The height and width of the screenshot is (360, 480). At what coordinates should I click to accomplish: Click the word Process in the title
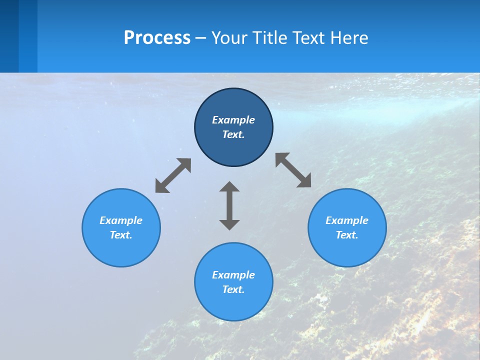coord(157,38)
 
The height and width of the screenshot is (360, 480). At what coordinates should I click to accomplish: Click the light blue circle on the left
coord(121,250)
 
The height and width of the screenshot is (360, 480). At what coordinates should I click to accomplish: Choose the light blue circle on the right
coord(347,250)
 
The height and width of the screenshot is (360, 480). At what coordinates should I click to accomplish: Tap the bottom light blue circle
coord(233,305)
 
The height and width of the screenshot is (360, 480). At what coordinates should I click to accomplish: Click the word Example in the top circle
coord(233,120)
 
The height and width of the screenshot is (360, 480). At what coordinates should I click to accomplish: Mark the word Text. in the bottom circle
coord(233,289)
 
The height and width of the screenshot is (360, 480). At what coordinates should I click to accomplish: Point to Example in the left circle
coord(121,220)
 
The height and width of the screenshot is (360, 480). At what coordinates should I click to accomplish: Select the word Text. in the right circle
coord(347,235)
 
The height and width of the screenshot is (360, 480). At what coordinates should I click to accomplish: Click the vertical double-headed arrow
coord(229,205)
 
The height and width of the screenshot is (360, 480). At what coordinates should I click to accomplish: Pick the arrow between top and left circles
coord(173,175)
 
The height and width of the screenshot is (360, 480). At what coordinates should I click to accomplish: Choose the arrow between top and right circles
coord(293,170)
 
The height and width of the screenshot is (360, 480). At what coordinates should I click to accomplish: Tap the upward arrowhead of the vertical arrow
coord(229,187)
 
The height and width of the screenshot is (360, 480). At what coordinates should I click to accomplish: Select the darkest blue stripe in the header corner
coord(9,36)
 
